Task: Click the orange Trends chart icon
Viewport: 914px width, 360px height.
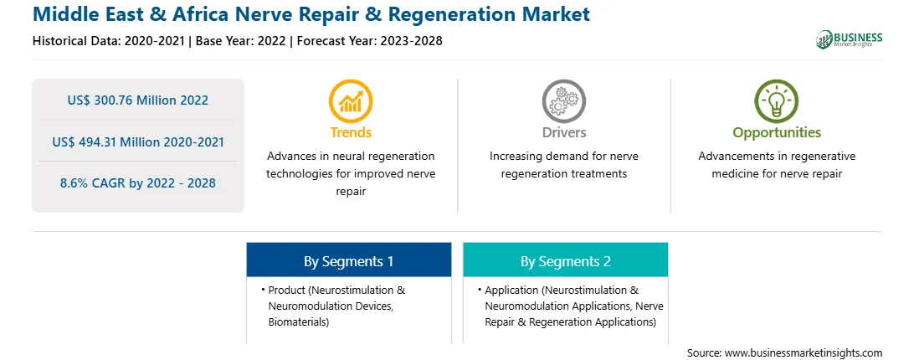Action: pos(351,101)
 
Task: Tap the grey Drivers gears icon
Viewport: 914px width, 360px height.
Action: pos(563,101)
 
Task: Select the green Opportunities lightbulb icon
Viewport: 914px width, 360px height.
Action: pos(777,101)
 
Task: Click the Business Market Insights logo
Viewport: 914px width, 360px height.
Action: pos(850,39)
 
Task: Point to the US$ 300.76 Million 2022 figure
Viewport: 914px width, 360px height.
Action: pos(137,100)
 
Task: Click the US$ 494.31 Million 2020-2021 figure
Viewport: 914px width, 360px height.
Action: pos(137,141)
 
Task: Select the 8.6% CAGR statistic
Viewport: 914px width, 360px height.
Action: pos(137,183)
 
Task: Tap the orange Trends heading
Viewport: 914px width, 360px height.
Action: pos(351,132)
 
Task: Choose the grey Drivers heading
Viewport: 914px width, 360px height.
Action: pos(564,132)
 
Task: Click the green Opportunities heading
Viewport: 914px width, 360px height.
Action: pos(777,133)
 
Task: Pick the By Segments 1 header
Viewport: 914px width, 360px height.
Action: pos(348,261)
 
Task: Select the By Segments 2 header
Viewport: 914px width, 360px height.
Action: pos(566,261)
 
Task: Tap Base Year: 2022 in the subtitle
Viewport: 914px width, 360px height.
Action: pos(241,41)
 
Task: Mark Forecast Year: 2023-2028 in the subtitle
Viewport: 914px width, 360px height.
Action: pos(370,41)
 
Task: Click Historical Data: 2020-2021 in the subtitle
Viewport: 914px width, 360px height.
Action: pos(109,41)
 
